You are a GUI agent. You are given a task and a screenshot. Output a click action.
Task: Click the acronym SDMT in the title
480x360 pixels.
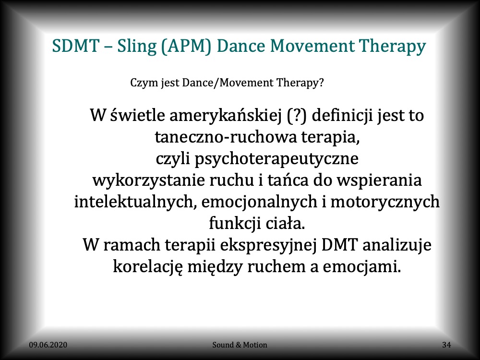click(x=76, y=46)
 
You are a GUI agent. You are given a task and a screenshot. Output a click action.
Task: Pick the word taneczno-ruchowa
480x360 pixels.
click(x=226, y=137)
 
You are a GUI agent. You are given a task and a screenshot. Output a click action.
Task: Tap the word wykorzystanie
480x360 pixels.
click(x=148, y=180)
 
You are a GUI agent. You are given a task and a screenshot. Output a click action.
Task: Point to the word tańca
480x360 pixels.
click(x=288, y=180)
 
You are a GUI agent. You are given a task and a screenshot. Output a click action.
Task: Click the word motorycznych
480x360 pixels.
click(x=385, y=202)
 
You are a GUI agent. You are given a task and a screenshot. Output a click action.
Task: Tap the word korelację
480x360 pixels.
click(x=148, y=267)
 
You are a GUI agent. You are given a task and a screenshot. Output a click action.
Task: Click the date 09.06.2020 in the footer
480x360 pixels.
click(x=48, y=345)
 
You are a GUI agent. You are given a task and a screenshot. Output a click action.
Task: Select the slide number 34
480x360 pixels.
click(x=446, y=345)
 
